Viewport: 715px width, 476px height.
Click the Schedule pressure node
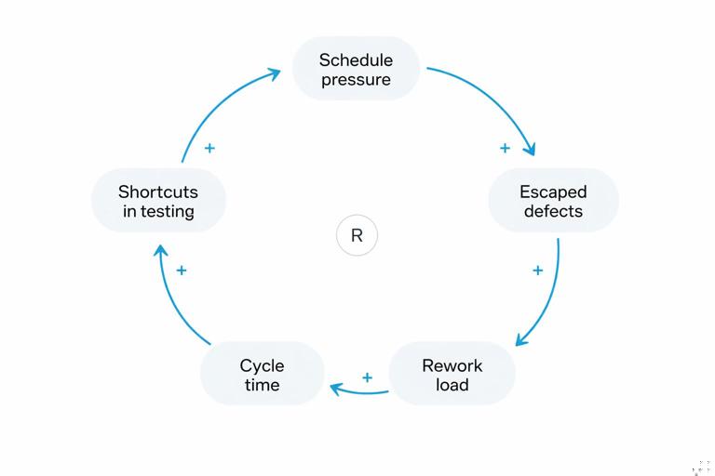356,69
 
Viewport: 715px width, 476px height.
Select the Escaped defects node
553,201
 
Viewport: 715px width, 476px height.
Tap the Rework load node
452,374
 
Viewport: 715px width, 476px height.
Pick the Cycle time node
262,374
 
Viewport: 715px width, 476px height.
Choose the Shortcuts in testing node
158,201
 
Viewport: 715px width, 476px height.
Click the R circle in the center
357,235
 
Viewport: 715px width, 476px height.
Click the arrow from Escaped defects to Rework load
550,297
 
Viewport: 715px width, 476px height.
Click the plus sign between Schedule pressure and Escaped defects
505,148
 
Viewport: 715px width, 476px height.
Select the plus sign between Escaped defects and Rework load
537,271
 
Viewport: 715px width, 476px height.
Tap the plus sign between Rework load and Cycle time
367,377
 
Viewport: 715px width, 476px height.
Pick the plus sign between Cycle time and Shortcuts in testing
182,271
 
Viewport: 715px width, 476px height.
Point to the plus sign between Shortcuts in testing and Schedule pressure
209,148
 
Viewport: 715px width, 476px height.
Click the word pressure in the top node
356,79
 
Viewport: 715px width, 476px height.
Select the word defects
553,211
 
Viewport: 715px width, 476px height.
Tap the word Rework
452,364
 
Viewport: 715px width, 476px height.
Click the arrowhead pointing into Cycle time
337,387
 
